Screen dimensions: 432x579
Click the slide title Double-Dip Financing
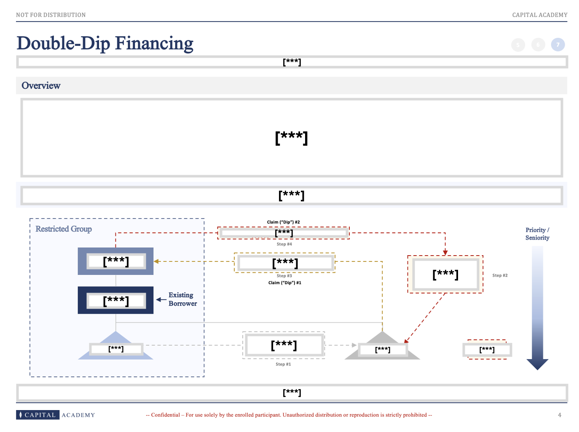tap(105, 43)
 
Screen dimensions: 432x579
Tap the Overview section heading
tap(41, 85)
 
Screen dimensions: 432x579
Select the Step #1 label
tap(283, 364)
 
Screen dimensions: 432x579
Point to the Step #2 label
tap(500, 275)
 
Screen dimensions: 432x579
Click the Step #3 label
tap(284, 276)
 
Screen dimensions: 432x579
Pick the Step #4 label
tap(284, 244)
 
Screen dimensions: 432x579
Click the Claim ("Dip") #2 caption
tap(283, 222)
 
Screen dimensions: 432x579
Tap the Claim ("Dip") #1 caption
tap(284, 283)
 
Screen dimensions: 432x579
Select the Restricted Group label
tap(64, 229)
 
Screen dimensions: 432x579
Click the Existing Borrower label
tap(182, 299)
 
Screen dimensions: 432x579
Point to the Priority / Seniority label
tap(537, 234)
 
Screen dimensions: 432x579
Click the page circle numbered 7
tap(558, 45)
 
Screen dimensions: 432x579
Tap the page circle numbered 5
tap(518, 45)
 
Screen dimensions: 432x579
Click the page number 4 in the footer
tap(560, 415)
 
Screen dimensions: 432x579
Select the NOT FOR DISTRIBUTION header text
tap(51, 15)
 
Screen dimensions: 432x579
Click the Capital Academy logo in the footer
tap(56, 415)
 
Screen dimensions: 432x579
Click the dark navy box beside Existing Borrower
tap(115, 300)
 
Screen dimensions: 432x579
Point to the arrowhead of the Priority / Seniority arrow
tap(537, 364)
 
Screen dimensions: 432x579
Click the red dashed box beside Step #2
tap(445, 274)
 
